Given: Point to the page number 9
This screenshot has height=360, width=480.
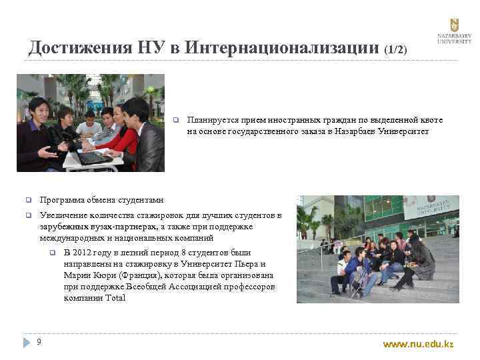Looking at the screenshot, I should coord(39,342).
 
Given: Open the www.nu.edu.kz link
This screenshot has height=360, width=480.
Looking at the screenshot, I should coord(417,344).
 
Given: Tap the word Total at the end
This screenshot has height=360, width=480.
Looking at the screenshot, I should coord(115,297).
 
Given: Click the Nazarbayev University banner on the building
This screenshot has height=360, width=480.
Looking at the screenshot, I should coord(431,207).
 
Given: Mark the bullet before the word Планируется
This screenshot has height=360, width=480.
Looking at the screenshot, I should coord(175,121).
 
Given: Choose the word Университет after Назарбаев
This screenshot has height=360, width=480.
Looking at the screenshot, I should coord(404,132).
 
